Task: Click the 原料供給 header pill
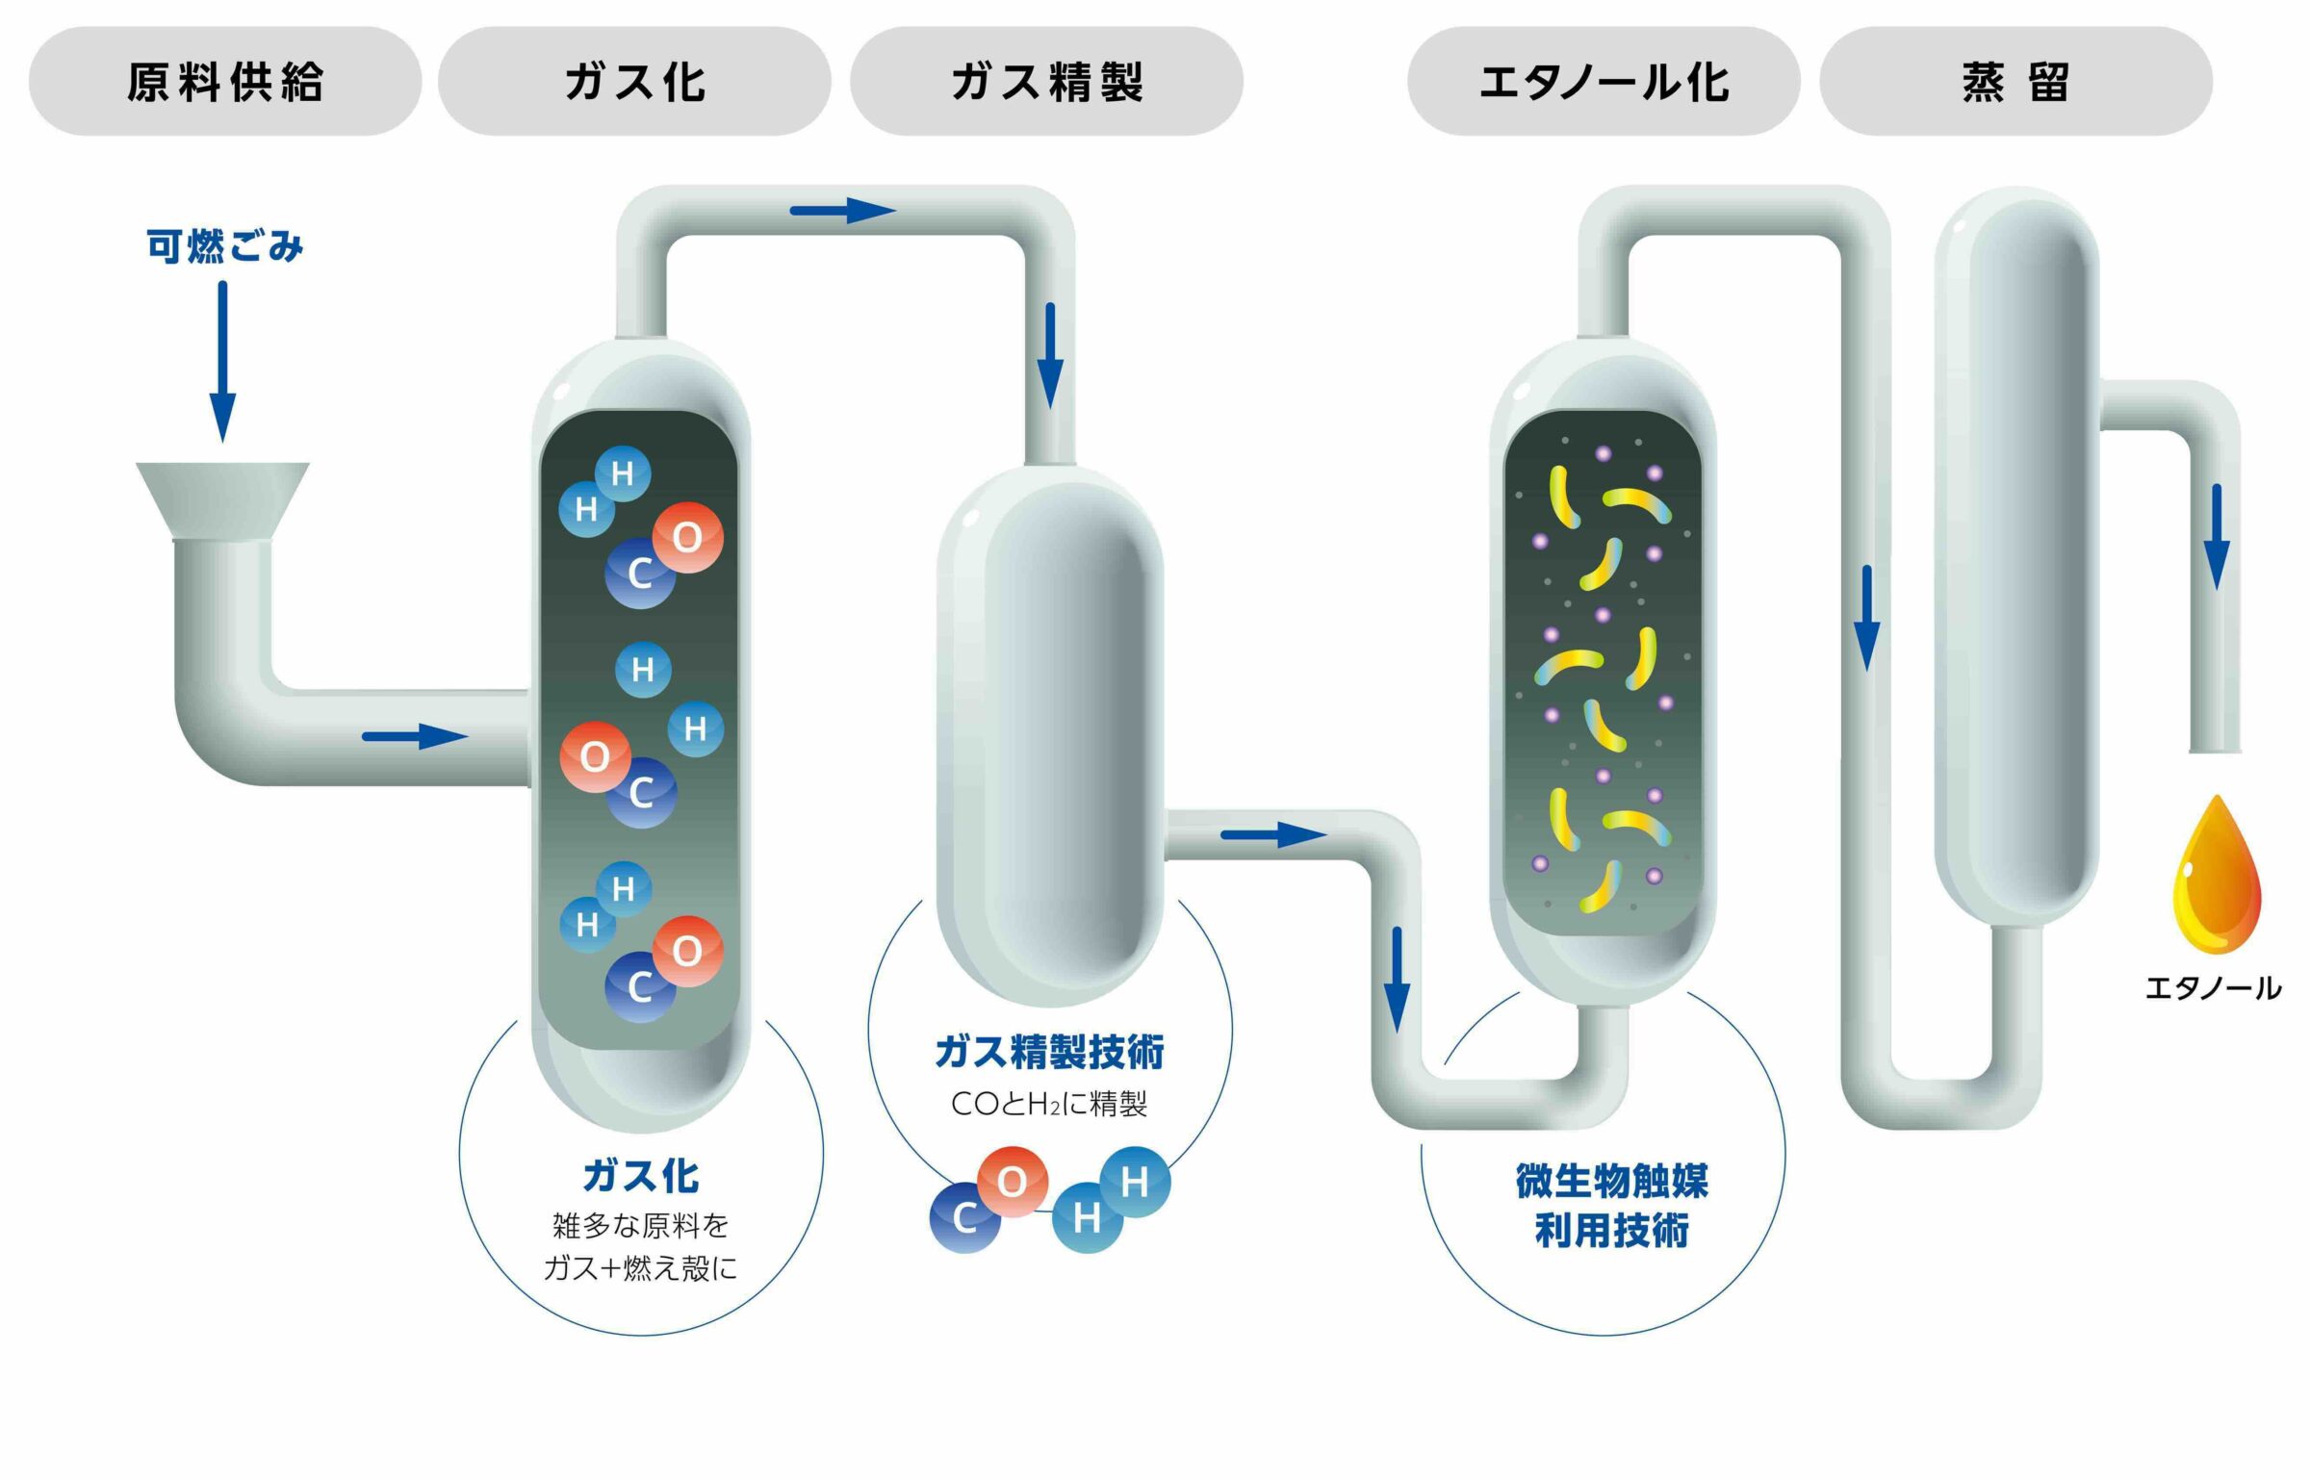(224, 81)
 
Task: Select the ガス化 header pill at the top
(634, 81)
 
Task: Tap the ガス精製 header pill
(1046, 81)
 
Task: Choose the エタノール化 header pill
(1604, 81)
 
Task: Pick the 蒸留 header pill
(2015, 81)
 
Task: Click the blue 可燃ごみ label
(224, 246)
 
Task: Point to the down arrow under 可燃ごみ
(222, 362)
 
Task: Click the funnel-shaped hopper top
(222, 500)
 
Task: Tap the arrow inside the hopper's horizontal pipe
(414, 737)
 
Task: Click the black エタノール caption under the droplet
(2213, 988)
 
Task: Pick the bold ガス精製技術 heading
(1049, 1052)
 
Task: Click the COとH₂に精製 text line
(1049, 1104)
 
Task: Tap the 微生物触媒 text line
(1611, 1181)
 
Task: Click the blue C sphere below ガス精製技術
(964, 1218)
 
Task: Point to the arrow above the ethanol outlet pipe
(2217, 536)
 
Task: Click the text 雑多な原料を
(640, 1225)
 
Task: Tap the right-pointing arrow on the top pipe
(842, 211)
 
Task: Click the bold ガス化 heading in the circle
(640, 1176)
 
